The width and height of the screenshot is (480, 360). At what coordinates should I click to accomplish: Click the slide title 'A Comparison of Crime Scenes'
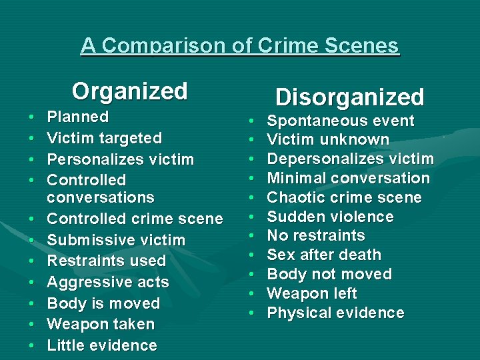(x=240, y=45)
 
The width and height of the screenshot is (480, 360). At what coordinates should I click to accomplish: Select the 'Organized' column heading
(x=130, y=91)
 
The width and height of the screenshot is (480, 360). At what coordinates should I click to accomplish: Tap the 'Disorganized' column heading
(x=349, y=97)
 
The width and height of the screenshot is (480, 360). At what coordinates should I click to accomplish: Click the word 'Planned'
(x=77, y=117)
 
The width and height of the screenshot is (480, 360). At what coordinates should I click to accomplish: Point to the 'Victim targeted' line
(x=104, y=139)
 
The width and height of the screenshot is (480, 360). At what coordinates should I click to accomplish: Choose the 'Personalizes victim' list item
(x=120, y=160)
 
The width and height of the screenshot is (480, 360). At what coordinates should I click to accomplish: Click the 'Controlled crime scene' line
(x=135, y=219)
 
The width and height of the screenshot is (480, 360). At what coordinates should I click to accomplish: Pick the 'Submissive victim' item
(x=116, y=240)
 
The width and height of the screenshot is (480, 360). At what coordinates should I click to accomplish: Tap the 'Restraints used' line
(x=106, y=261)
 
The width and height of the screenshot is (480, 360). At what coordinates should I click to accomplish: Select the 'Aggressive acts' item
(x=108, y=282)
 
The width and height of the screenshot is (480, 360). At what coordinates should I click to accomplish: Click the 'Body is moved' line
(x=103, y=303)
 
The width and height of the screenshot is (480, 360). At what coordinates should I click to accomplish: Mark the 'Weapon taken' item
(x=101, y=325)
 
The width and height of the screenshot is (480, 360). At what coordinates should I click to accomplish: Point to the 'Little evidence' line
(x=102, y=345)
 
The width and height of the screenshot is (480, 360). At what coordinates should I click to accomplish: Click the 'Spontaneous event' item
(x=341, y=121)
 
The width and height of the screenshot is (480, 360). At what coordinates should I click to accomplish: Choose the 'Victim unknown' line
(x=328, y=140)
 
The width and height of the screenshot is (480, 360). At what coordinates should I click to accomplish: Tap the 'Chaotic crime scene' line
(x=344, y=198)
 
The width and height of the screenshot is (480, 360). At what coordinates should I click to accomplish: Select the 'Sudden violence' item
(x=330, y=217)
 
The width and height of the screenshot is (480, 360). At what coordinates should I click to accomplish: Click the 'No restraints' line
(x=316, y=235)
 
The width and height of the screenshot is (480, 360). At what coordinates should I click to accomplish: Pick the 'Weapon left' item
(x=312, y=293)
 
